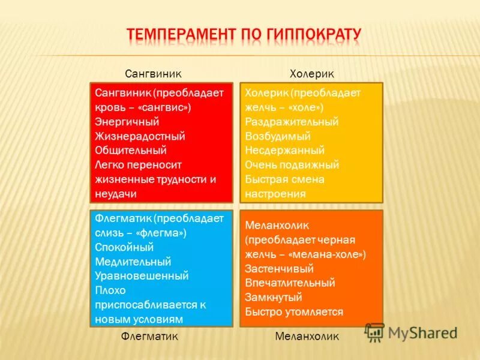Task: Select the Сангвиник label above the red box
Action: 153,73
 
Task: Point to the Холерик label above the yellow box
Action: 311,73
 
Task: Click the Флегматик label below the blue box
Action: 149,337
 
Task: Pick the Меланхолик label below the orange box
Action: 307,337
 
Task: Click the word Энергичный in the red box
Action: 127,122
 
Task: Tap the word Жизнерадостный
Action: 140,136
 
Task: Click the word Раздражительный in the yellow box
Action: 292,122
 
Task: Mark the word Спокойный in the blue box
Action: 124,247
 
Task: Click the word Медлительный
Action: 133,262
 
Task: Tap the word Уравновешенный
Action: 142,276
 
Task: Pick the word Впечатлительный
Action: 290,283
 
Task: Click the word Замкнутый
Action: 274,297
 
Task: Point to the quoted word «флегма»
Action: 161,233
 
